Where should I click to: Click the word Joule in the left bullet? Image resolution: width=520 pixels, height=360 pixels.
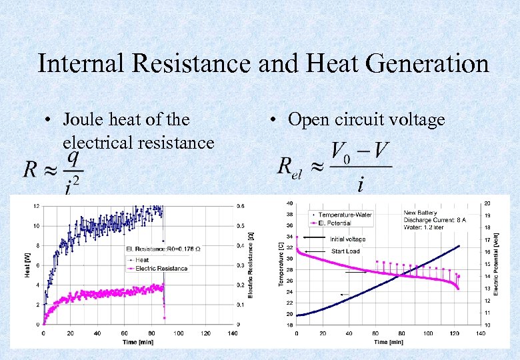(85, 120)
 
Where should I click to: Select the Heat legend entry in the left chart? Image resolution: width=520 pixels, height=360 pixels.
(141, 260)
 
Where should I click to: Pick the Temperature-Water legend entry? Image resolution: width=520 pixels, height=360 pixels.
(345, 214)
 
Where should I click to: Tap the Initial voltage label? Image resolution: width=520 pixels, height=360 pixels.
(348, 239)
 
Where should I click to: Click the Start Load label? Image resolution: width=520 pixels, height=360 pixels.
(346, 251)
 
